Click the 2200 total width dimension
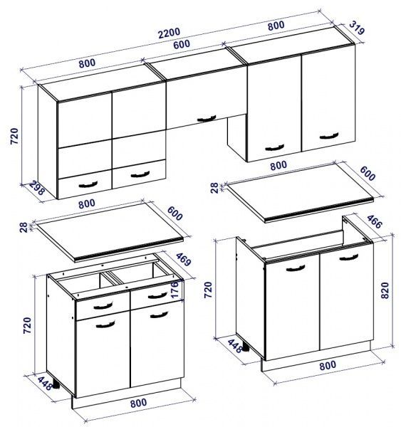(169, 33)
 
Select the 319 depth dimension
(357, 28)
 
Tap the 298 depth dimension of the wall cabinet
(36, 188)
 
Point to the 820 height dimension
(385, 290)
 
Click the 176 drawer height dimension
(175, 289)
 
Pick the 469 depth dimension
(184, 260)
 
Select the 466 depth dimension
(375, 221)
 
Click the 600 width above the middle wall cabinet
(182, 44)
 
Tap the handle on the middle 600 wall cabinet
(207, 119)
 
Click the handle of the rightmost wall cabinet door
(329, 136)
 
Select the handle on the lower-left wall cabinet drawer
(88, 184)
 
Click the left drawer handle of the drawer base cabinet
(103, 306)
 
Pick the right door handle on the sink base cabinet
(349, 257)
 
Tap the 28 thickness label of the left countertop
(24, 228)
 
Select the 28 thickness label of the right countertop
(214, 188)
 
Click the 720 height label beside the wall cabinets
(14, 136)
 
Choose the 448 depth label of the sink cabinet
(235, 346)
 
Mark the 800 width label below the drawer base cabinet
(138, 403)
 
